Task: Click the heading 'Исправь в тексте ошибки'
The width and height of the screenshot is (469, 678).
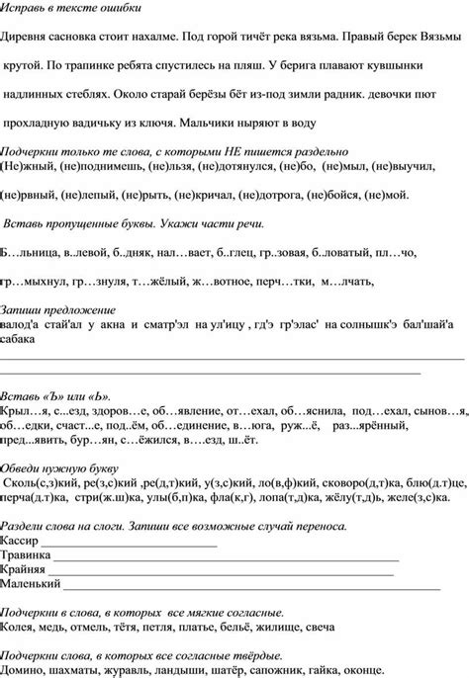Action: point(71,8)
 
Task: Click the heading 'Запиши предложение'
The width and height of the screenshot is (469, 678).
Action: point(55,308)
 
